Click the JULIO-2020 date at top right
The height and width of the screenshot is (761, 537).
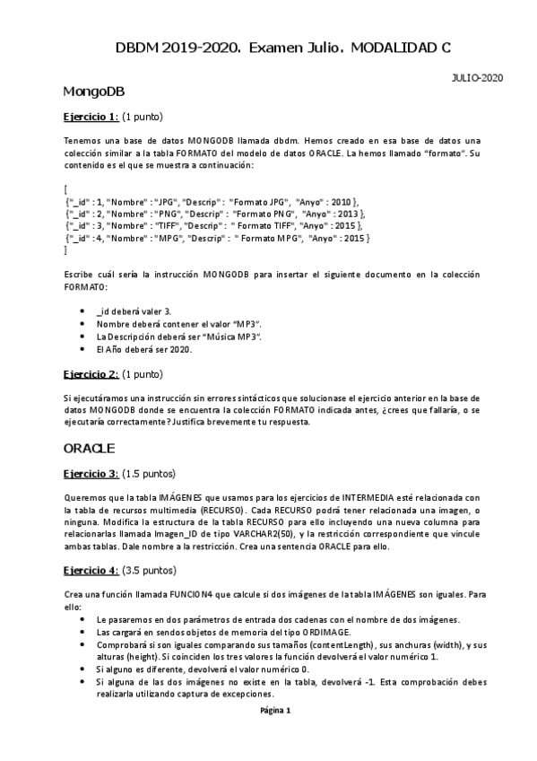click(476, 77)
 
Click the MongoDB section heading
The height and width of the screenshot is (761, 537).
click(93, 92)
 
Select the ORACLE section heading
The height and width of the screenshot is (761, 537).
click(90, 447)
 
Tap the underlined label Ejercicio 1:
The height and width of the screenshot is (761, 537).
click(91, 117)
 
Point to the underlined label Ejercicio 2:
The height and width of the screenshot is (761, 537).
click(91, 373)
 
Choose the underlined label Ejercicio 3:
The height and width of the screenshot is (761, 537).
click(91, 473)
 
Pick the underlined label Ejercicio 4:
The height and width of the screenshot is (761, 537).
click(91, 570)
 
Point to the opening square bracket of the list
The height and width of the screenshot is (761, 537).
click(65, 189)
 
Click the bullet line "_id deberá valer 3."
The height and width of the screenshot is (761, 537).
click(133, 311)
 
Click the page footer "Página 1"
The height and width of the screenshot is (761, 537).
click(275, 710)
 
